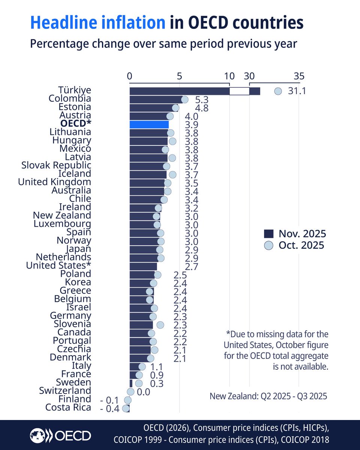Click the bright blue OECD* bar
[x=149, y=124]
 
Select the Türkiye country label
[x=75, y=90]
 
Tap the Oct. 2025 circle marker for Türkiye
[x=278, y=91]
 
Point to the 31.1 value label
[x=297, y=91]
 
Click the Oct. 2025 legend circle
[x=268, y=246]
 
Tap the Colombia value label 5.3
[x=202, y=100]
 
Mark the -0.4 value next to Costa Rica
[x=109, y=408]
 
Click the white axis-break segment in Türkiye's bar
[x=239, y=91]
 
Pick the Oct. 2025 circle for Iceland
[x=172, y=174]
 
